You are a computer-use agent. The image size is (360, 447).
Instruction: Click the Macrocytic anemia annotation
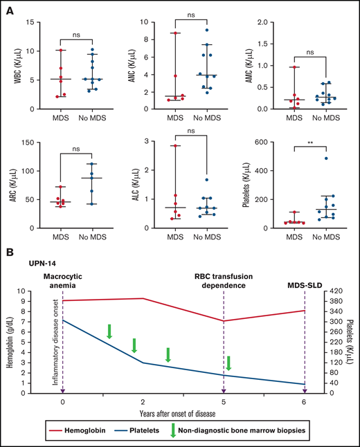[x=63, y=281]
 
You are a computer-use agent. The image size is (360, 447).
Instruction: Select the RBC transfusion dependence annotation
[x=224, y=281]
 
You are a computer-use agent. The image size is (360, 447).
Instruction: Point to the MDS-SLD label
[x=303, y=284]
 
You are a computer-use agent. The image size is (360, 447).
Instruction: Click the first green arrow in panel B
[x=109, y=331]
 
